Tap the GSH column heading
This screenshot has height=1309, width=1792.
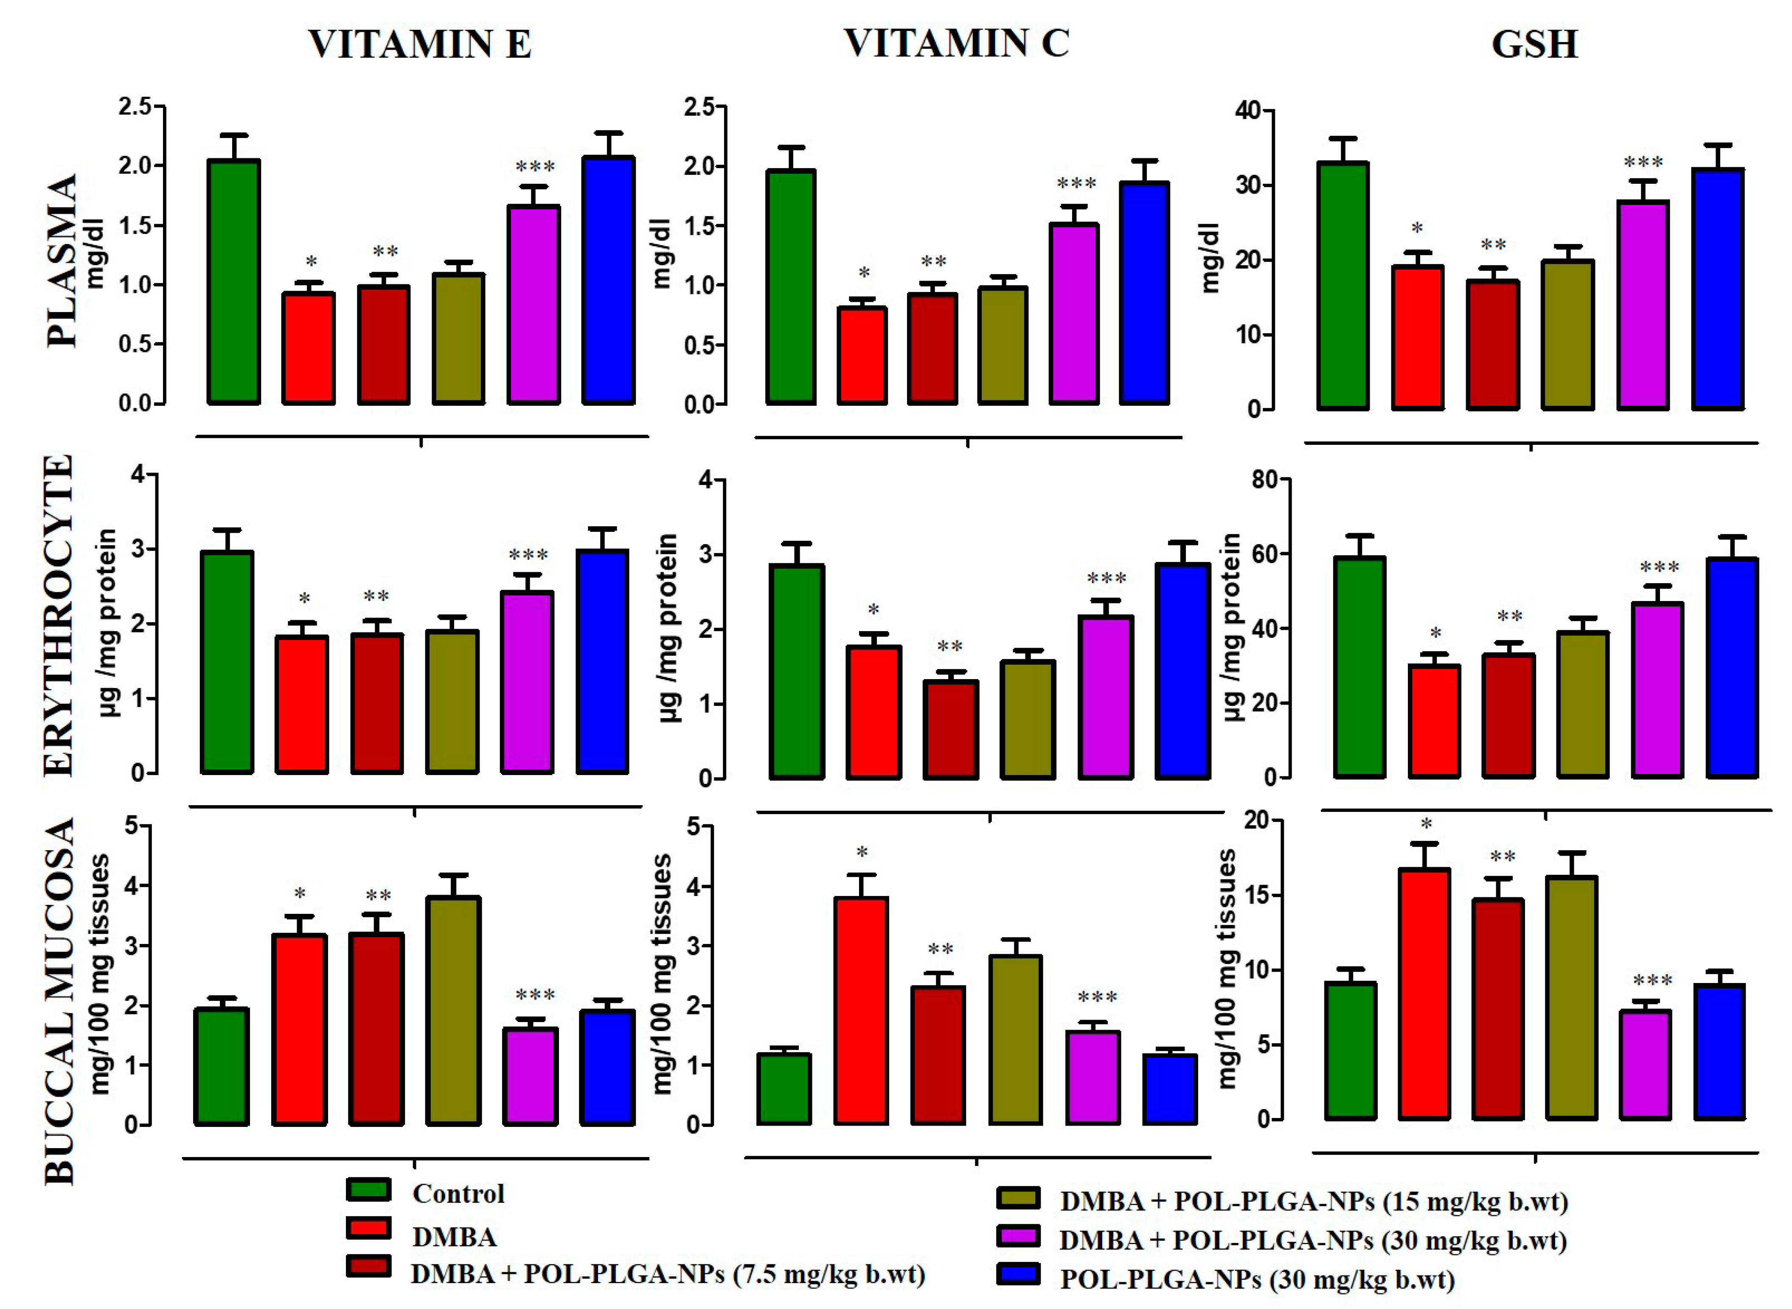pyautogui.click(x=1534, y=45)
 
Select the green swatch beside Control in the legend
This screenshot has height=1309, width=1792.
pyautogui.click(x=368, y=1190)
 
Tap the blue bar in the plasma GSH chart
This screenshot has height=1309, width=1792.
pyautogui.click(x=1718, y=289)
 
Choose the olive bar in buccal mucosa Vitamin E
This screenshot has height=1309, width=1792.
pyautogui.click(x=453, y=1010)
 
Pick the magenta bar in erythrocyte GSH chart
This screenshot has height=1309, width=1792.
pyautogui.click(x=1657, y=689)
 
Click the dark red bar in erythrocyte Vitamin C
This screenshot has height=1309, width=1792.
pyautogui.click(x=951, y=729)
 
